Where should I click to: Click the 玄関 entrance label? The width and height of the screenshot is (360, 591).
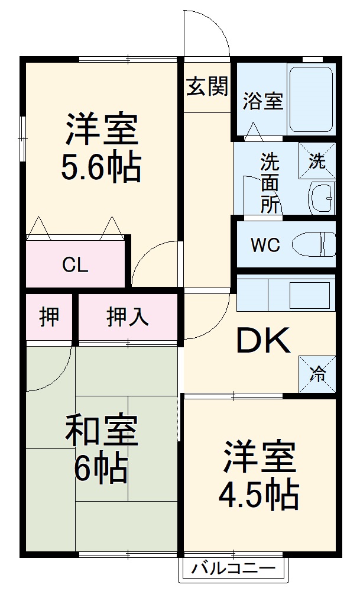(x=207, y=87)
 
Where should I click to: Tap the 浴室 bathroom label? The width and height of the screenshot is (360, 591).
(x=262, y=101)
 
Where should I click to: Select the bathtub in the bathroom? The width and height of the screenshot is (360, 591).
(x=311, y=99)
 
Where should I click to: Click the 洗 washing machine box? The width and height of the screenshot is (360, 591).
(x=317, y=161)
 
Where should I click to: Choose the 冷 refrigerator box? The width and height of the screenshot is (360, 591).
(x=317, y=373)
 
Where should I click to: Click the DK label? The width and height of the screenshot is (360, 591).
(x=264, y=341)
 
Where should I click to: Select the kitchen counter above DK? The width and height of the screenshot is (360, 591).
(x=286, y=293)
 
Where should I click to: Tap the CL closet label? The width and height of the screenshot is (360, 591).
(x=75, y=265)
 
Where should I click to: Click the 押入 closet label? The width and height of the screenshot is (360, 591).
(x=128, y=318)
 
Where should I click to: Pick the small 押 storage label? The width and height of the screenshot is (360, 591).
(x=49, y=318)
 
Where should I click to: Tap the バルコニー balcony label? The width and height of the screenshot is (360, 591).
(x=233, y=570)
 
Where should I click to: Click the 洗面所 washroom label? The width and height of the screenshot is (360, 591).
(x=270, y=183)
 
